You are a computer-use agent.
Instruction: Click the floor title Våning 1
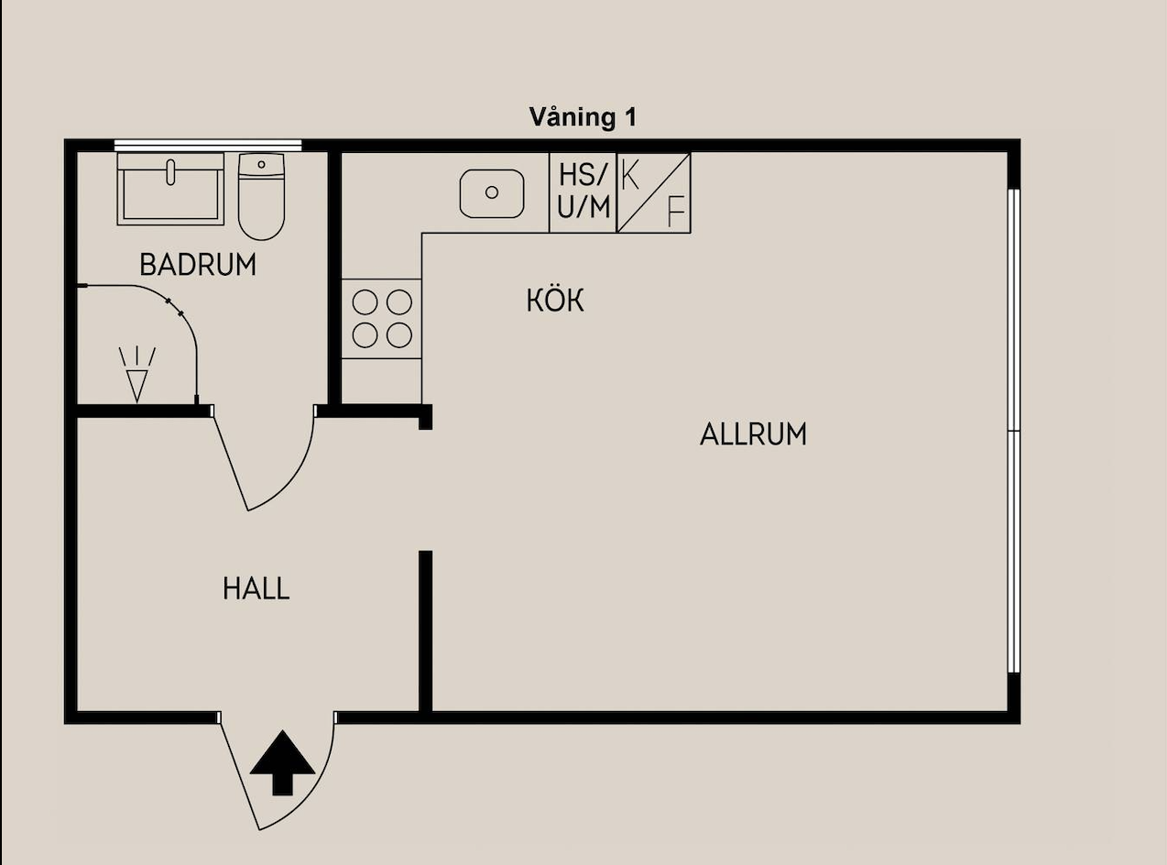click(x=583, y=117)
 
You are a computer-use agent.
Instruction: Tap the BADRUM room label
click(x=198, y=265)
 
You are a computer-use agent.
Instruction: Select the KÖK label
click(x=555, y=301)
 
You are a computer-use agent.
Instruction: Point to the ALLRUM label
click(x=753, y=435)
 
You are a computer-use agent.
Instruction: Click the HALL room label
click(x=256, y=588)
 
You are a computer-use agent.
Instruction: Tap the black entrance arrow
click(x=282, y=762)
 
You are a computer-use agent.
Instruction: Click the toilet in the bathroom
click(x=261, y=196)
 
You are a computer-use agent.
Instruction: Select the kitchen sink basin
click(x=492, y=193)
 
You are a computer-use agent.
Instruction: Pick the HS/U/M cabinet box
click(x=583, y=192)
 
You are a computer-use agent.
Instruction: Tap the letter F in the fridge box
click(x=676, y=211)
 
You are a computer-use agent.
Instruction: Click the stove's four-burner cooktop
click(x=381, y=319)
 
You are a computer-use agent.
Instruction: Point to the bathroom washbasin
click(x=170, y=189)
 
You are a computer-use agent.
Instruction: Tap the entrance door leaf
click(x=239, y=775)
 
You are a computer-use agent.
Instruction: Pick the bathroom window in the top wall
click(x=208, y=146)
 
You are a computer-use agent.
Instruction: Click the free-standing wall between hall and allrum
click(x=426, y=631)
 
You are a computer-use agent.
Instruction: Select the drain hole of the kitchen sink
click(x=492, y=192)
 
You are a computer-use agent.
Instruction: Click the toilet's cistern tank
click(x=261, y=164)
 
